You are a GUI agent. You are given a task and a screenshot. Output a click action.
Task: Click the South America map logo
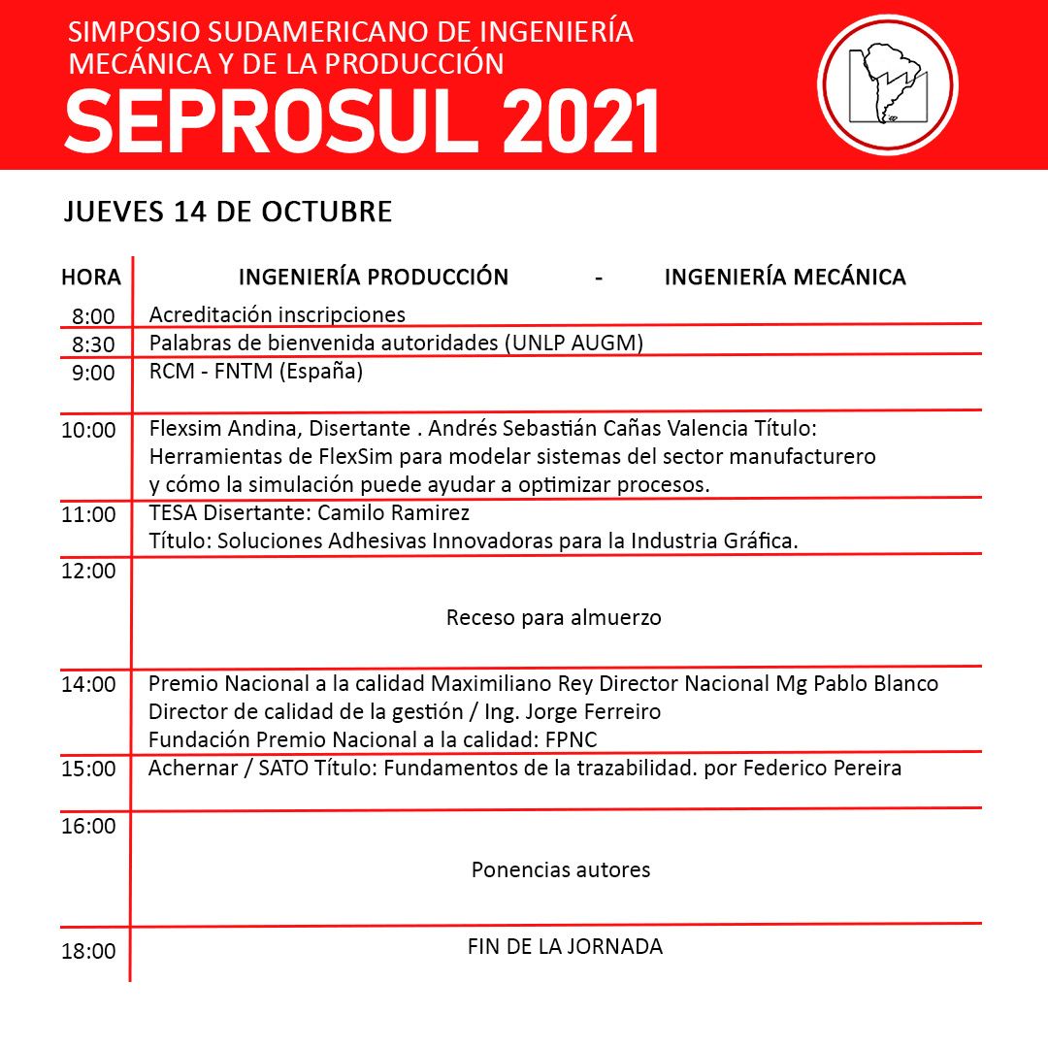[x=887, y=84]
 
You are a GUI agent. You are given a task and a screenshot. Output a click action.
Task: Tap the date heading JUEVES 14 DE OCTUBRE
[x=228, y=212]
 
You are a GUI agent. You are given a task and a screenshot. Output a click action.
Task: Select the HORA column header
[x=91, y=278]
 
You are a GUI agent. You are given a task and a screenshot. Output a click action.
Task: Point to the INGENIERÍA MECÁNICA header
[x=784, y=278]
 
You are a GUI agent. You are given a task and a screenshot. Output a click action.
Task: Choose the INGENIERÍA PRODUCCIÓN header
[x=374, y=278]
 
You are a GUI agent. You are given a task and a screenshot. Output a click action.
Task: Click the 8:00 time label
[x=93, y=316]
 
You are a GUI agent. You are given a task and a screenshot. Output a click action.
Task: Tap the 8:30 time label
[x=93, y=344]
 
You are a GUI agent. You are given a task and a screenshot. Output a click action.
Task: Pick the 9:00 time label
[x=93, y=373]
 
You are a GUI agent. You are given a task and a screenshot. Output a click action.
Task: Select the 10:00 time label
[x=88, y=430]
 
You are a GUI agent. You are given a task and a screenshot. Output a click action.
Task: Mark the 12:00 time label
[x=88, y=571]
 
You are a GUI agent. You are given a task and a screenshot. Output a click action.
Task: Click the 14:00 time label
[x=88, y=684]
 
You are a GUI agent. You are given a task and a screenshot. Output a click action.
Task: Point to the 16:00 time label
[x=88, y=827]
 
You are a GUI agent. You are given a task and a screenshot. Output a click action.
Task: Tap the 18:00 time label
[x=88, y=951]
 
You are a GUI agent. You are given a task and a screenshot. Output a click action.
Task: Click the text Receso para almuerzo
[x=554, y=617]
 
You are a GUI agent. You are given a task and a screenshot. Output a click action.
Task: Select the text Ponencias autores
[x=561, y=869]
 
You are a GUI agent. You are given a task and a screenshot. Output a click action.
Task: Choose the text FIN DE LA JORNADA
[x=565, y=946]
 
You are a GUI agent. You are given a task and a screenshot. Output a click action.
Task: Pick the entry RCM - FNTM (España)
[x=256, y=372]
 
